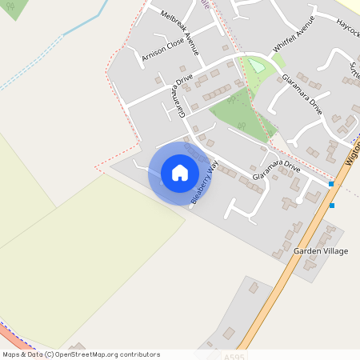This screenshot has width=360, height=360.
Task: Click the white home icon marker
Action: [x=179, y=173]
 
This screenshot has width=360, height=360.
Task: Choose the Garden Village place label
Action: [x=320, y=251]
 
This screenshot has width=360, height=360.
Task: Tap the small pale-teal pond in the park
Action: [x=256, y=65]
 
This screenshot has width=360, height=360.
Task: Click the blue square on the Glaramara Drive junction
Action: [x=331, y=185]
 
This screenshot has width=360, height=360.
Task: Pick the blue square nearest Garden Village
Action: [x=332, y=206]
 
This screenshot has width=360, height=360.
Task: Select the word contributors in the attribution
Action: [x=138, y=354]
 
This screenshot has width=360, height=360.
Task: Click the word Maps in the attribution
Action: [x=12, y=354]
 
